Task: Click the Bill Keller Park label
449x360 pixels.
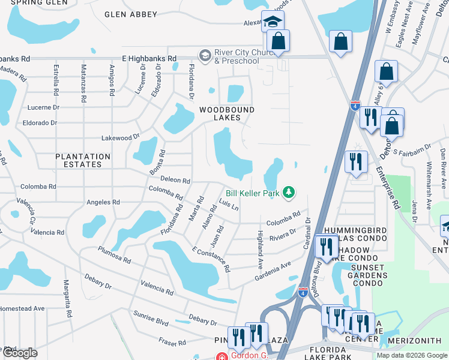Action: point(253,193)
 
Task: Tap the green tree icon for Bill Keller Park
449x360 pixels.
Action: point(289,192)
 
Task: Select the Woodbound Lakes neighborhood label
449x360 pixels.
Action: point(227,113)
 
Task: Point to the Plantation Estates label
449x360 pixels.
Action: point(83,160)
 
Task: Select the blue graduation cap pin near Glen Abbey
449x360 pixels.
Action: point(273,22)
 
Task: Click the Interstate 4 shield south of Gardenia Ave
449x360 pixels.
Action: point(303,292)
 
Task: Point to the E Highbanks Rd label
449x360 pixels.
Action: point(149,59)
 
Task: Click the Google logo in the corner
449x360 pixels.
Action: point(19,353)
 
